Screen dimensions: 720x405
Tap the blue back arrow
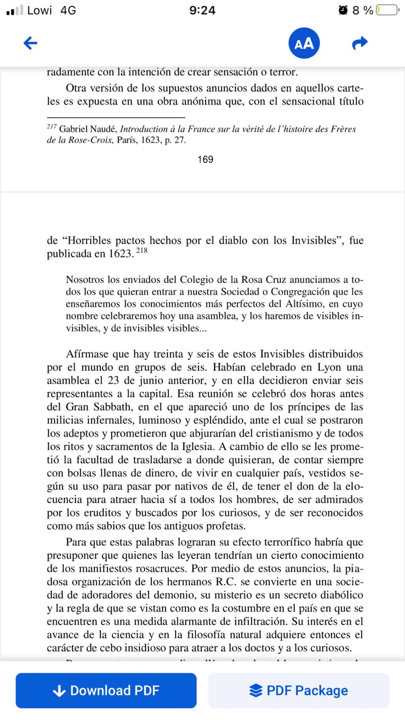(30, 43)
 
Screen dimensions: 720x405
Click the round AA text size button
(304, 43)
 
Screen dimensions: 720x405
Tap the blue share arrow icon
(360, 43)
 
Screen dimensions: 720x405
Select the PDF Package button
(298, 690)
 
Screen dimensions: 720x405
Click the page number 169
(205, 159)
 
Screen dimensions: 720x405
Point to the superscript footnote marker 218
(142, 250)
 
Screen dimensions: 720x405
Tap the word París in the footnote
(127, 140)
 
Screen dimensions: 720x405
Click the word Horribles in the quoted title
(89, 240)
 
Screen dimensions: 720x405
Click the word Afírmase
(87, 354)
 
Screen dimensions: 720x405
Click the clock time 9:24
(202, 10)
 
